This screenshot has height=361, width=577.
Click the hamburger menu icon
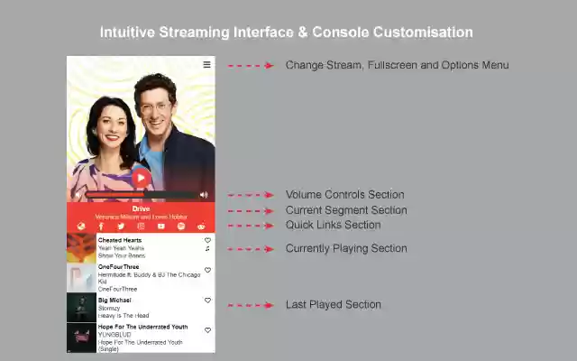coord(206,64)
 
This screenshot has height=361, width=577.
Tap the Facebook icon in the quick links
coord(101,227)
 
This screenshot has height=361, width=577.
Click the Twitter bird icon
coord(121,227)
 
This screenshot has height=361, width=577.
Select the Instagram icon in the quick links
coord(141,227)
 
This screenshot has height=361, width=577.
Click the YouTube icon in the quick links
coord(161,227)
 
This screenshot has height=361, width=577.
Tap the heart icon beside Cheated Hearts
coord(207,241)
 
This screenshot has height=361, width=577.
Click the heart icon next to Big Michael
coord(207,301)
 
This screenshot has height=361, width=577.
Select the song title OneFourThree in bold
coord(117,267)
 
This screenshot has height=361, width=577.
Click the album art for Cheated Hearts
coord(81,248)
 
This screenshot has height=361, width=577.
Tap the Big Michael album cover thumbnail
coord(81,308)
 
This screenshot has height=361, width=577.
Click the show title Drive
coord(141,208)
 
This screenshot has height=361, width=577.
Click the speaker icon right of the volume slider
coord(204,195)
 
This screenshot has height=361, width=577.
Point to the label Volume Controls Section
coord(344,194)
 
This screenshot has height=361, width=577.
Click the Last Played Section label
coord(333,305)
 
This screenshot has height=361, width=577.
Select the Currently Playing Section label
coord(346,248)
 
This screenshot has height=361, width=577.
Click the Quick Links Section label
coord(333,225)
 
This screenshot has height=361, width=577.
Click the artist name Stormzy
coord(109,308)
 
